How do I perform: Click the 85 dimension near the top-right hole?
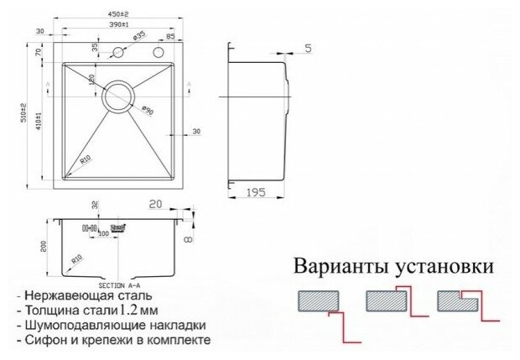click(171, 36)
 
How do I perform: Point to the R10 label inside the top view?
click(85, 158)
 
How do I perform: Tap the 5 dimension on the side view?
click(308, 47)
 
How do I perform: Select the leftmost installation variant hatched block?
click(319, 300)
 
